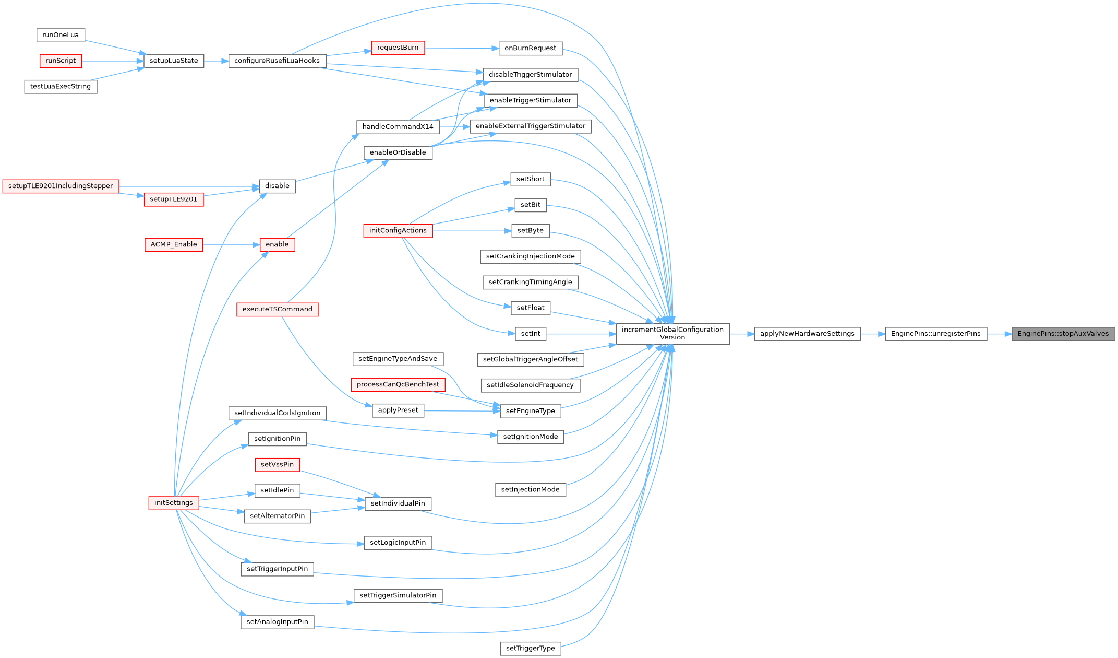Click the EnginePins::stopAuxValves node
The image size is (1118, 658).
click(1063, 334)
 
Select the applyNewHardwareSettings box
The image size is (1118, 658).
click(807, 334)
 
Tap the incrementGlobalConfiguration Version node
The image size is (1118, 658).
click(672, 334)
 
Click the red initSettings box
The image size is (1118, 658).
click(174, 503)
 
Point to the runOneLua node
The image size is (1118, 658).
click(61, 35)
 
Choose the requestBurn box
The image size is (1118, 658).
click(398, 48)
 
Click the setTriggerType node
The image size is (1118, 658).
click(530, 649)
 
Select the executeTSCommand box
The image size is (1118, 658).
click(277, 309)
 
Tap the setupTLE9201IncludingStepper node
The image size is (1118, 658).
click(61, 186)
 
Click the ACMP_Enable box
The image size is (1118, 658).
click(174, 244)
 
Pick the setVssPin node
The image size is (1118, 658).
click(277, 464)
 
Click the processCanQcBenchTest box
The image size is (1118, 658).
click(398, 384)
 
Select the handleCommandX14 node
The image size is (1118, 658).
click(398, 127)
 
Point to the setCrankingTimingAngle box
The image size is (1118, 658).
click(530, 282)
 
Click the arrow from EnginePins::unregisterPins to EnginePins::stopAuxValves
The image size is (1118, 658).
click(999, 334)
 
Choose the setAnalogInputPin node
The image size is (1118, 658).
click(277, 622)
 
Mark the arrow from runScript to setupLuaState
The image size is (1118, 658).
click(113, 61)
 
